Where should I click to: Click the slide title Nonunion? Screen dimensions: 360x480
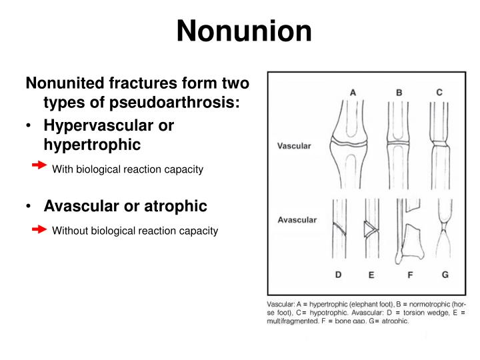click(245, 31)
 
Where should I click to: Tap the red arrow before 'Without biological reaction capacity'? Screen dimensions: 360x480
click(40, 229)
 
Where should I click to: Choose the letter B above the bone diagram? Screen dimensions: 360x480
click(399, 93)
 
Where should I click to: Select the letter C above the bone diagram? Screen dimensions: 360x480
click(439, 93)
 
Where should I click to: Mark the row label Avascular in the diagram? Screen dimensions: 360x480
click(297, 219)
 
